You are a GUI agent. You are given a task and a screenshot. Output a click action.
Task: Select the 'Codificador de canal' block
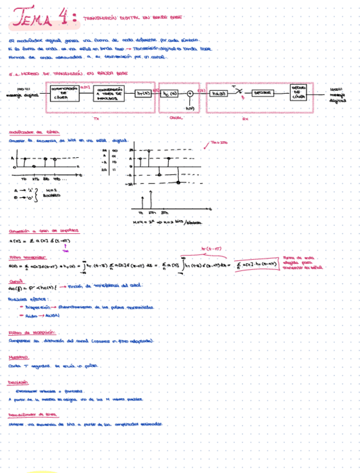pyautogui.click(x=62, y=93)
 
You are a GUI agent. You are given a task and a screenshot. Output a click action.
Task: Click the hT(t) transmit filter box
pyautogui.click(x=144, y=94)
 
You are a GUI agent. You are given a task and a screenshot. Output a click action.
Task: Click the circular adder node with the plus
pyautogui.click(x=190, y=94)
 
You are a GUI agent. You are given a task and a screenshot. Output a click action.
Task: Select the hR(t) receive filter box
pyautogui.click(x=218, y=94)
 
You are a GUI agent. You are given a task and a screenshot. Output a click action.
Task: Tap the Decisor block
pyautogui.click(x=260, y=94)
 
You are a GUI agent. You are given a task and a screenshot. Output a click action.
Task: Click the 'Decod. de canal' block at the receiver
pyautogui.click(x=298, y=93)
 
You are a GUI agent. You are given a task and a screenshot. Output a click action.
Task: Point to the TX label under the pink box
pyautogui.click(x=96, y=118)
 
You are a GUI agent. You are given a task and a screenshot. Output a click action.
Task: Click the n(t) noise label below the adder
pyautogui.click(x=189, y=108)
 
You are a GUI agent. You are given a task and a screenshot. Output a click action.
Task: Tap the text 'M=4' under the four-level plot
pyautogui.click(x=138, y=223)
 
